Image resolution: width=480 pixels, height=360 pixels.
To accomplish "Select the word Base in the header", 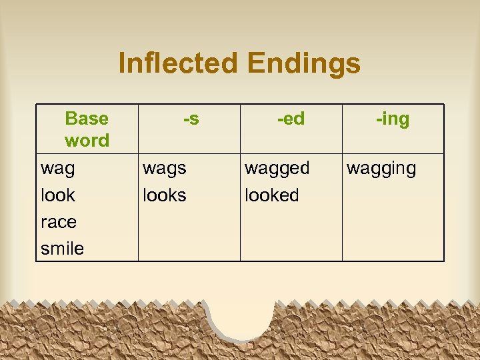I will click(x=87, y=119).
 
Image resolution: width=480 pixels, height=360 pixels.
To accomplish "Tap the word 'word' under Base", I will click(x=87, y=141).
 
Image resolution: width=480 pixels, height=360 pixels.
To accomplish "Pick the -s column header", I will click(x=191, y=119).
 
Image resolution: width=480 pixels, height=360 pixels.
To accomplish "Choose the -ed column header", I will click(x=291, y=119).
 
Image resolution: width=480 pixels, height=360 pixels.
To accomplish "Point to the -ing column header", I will click(x=393, y=119).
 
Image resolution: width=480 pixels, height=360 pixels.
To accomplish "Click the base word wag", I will click(x=58, y=169).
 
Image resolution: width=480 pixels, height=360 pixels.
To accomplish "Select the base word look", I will click(x=58, y=195).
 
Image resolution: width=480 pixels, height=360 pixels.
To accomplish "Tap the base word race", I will click(x=59, y=222).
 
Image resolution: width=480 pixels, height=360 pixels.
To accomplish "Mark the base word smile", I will click(x=63, y=249).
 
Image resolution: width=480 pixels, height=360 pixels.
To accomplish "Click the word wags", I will click(x=165, y=169).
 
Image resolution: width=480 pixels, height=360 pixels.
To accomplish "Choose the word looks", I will click(x=165, y=195).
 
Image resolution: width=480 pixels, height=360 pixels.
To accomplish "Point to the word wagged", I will click(x=277, y=169).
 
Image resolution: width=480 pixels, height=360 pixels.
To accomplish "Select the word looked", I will click(x=272, y=195).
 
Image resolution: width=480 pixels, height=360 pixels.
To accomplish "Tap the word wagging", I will click(x=381, y=169).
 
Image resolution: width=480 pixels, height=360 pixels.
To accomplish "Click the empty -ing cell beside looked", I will click(x=393, y=195).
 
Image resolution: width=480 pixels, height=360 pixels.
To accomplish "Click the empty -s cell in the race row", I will click(x=189, y=222).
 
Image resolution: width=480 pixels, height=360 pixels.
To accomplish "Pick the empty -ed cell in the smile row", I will click(x=291, y=249).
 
